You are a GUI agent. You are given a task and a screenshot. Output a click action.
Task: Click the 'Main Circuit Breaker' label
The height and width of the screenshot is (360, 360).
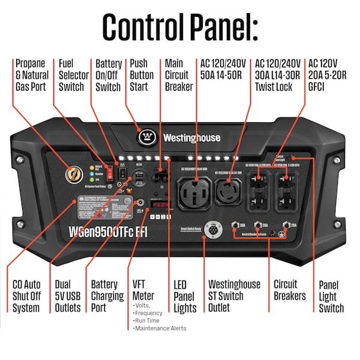pyautogui.click(x=179, y=75)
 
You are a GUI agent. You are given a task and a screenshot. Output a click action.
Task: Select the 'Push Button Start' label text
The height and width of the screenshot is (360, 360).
pyautogui.click(x=142, y=75)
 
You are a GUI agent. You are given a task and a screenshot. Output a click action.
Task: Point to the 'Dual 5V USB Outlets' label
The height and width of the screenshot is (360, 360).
pyautogui.click(x=67, y=296)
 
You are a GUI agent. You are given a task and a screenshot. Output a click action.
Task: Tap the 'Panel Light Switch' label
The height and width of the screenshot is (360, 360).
pyautogui.click(x=331, y=296)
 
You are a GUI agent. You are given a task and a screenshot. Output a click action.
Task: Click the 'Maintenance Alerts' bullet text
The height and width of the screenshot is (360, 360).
pyautogui.click(x=160, y=328)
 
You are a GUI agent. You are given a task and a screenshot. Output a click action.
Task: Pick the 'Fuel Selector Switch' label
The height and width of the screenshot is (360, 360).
pyautogui.click(x=71, y=75)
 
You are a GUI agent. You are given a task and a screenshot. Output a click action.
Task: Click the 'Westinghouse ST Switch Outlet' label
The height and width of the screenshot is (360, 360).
pyautogui.click(x=234, y=296)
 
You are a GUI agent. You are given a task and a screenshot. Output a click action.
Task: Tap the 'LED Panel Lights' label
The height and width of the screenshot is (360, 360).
pyautogui.click(x=185, y=296)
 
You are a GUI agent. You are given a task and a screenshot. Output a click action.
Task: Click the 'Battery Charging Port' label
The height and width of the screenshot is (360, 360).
pyautogui.click(x=109, y=296)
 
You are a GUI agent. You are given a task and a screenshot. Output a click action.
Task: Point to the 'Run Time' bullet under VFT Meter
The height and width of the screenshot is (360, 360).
pyautogui.click(x=149, y=321)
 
